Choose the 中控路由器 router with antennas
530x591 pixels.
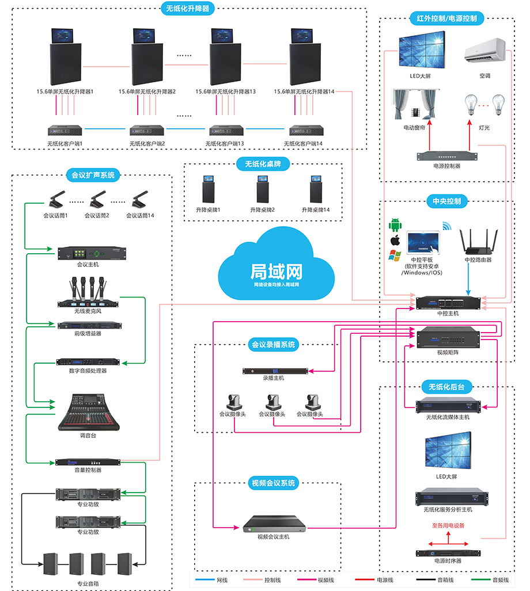(478, 242)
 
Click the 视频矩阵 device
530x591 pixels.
(448, 337)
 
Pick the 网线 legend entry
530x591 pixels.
(211, 580)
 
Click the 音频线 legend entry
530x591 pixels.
(487, 580)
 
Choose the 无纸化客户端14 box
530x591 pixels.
(305, 130)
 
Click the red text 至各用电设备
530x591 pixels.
(448, 525)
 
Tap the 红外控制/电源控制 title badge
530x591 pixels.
(446, 18)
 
